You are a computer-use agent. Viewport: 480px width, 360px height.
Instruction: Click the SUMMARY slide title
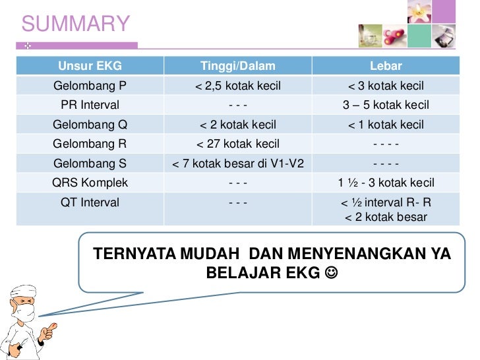pyautogui.click(x=76, y=24)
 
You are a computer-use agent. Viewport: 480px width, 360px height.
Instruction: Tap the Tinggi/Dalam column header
pyautogui.click(x=238, y=67)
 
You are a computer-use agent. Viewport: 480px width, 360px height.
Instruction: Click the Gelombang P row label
pyautogui.click(x=90, y=86)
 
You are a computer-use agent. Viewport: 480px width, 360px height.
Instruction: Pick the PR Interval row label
pyautogui.click(x=90, y=105)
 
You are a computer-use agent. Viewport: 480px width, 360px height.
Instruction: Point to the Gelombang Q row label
pyautogui.click(x=90, y=125)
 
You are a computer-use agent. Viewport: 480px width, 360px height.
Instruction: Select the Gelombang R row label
pyautogui.click(x=90, y=144)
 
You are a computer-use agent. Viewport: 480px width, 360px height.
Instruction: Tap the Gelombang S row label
pyautogui.click(x=90, y=164)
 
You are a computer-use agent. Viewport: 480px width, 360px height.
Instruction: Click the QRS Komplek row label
pyautogui.click(x=90, y=183)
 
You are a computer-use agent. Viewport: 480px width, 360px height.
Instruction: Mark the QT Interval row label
pyautogui.click(x=90, y=202)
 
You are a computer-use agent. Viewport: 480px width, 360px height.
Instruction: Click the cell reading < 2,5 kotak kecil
pyautogui.click(x=238, y=86)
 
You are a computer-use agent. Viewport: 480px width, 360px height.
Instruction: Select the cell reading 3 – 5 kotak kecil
pyautogui.click(x=386, y=105)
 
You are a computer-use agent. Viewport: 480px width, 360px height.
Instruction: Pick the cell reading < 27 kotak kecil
pyautogui.click(x=238, y=144)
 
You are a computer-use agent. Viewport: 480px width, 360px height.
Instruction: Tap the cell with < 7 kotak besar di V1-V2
pyautogui.click(x=238, y=164)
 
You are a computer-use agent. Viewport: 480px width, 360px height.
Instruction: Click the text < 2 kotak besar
pyautogui.click(x=386, y=217)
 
